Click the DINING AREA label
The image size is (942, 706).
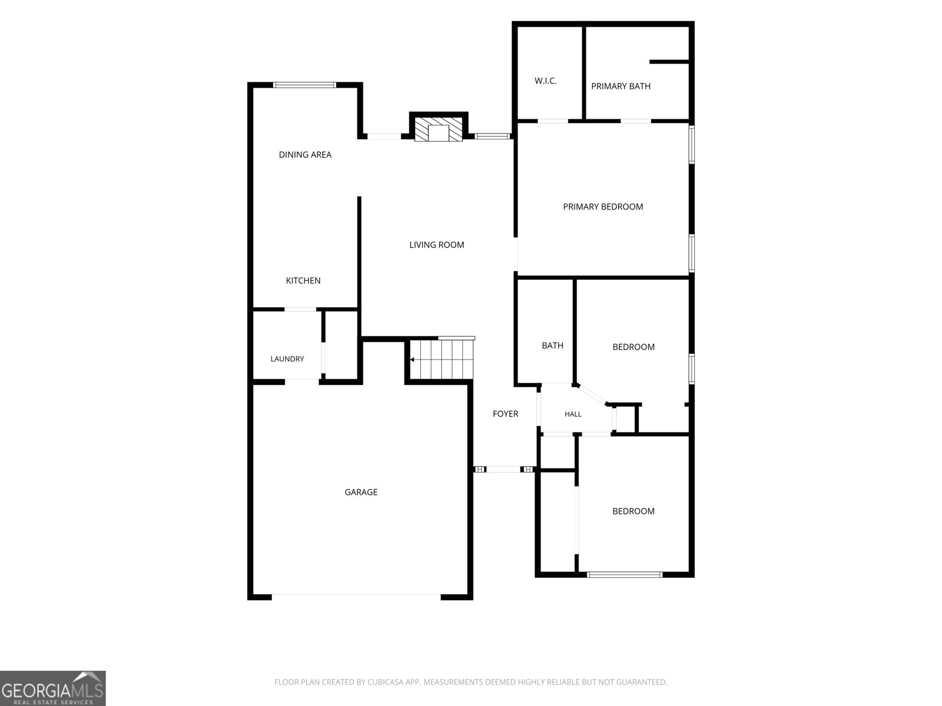pyautogui.click(x=305, y=155)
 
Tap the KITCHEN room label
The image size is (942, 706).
pyautogui.click(x=303, y=281)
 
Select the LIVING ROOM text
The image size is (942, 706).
pyautogui.click(x=436, y=245)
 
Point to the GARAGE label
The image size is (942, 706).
pyautogui.click(x=361, y=492)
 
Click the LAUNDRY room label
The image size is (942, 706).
pyautogui.click(x=287, y=359)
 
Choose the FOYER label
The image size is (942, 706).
pyautogui.click(x=505, y=414)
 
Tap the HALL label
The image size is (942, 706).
pyautogui.click(x=573, y=414)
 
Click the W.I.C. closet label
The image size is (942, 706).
pyautogui.click(x=545, y=81)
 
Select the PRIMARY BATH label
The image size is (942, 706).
pyautogui.click(x=621, y=86)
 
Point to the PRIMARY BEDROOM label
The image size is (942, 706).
pyautogui.click(x=603, y=207)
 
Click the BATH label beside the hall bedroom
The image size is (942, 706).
pyautogui.click(x=552, y=345)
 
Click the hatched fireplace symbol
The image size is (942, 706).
pyautogui.click(x=438, y=129)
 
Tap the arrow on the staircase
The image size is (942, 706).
pyautogui.click(x=413, y=359)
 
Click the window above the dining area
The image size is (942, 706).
pyautogui.click(x=305, y=85)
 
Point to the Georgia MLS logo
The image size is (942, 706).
pyautogui.click(x=53, y=688)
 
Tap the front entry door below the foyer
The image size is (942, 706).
pyautogui.click(x=503, y=469)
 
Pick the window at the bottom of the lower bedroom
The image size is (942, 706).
pyautogui.click(x=625, y=574)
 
